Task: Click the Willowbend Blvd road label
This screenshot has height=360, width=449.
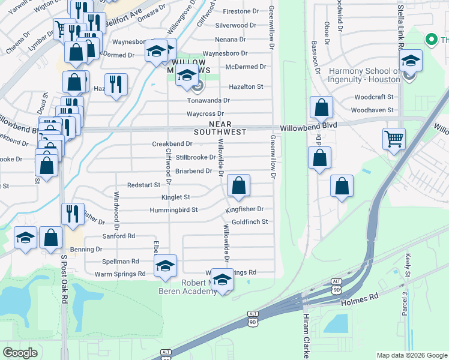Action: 309,125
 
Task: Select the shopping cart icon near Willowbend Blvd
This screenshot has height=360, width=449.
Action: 394,139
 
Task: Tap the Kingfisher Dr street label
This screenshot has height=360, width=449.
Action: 244,209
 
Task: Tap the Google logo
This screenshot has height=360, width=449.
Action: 20,352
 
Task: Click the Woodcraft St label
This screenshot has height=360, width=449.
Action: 373,97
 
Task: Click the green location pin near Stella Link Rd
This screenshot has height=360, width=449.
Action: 430,40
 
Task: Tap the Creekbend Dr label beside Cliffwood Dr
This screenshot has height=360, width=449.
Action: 172,144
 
